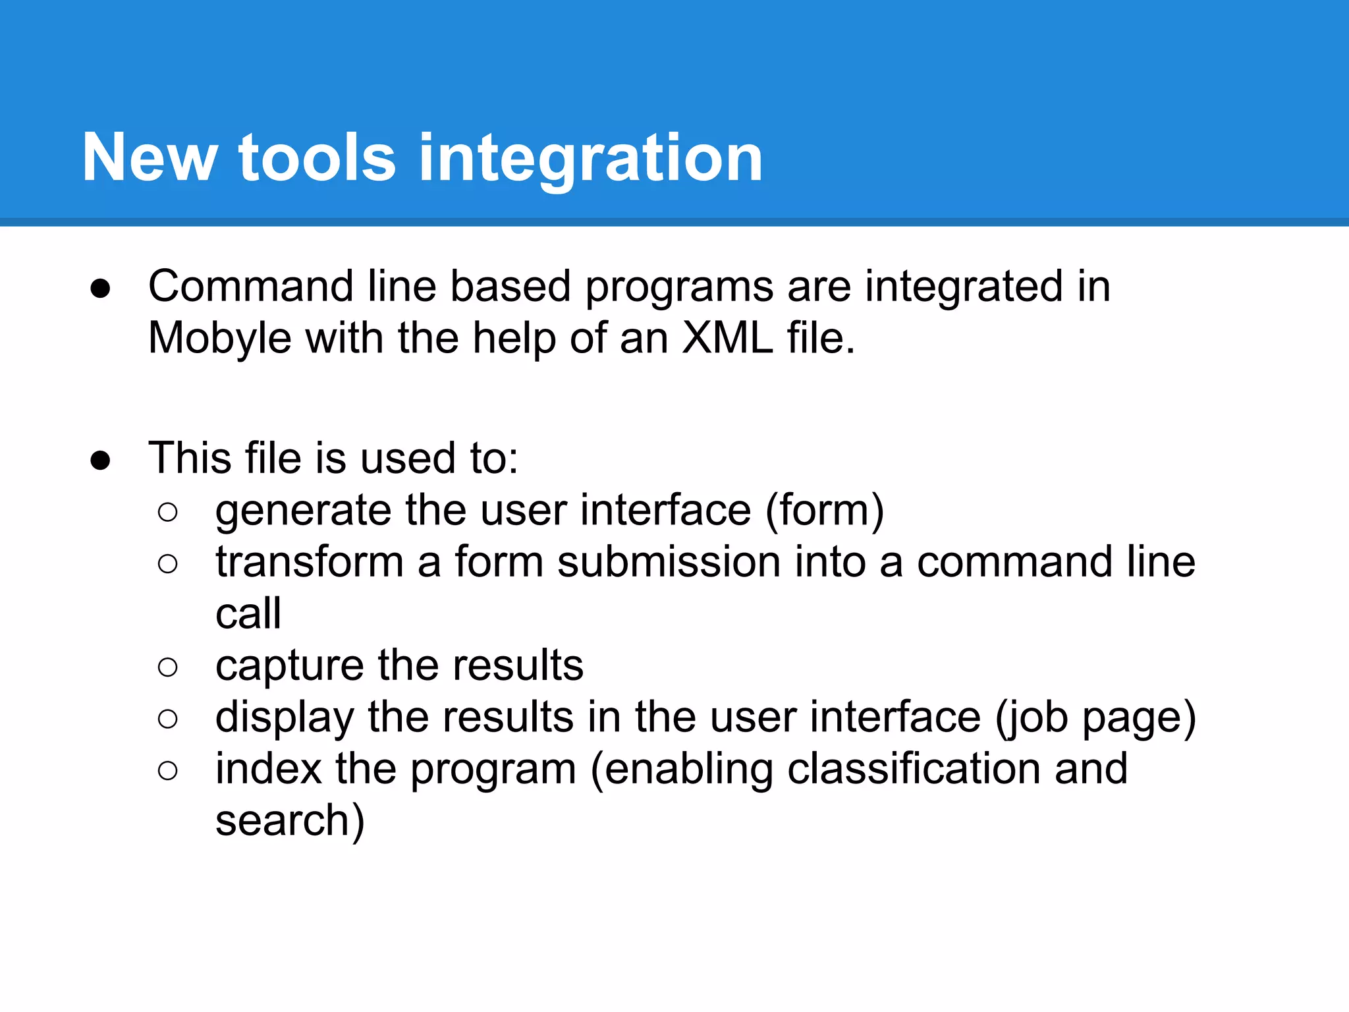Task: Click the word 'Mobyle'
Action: [219, 339]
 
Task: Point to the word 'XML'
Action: [727, 338]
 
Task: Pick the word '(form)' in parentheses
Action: [825, 511]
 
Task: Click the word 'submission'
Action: [669, 563]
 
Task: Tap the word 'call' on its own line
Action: [248, 614]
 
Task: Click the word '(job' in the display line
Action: [1031, 718]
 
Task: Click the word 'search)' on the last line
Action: [290, 822]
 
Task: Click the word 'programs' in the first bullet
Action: [678, 288]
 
